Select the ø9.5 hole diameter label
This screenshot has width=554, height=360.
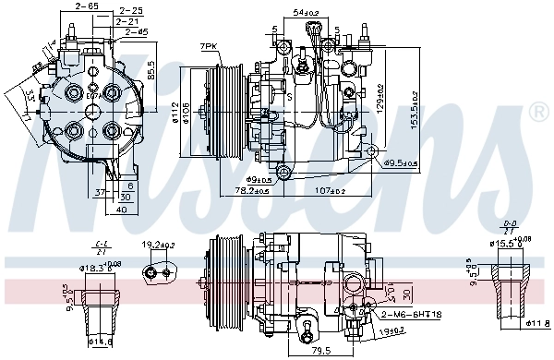[400, 163]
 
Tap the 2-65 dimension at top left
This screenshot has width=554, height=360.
[88, 6]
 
